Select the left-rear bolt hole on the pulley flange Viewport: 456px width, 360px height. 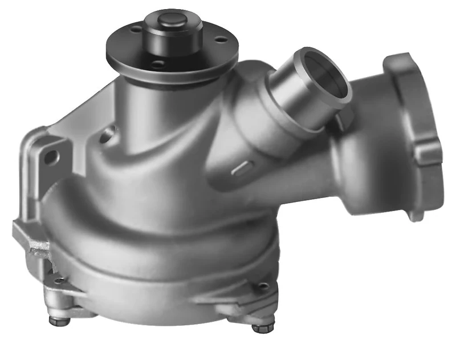tap(135, 29)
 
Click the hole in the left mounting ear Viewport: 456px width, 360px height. tap(52, 154)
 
